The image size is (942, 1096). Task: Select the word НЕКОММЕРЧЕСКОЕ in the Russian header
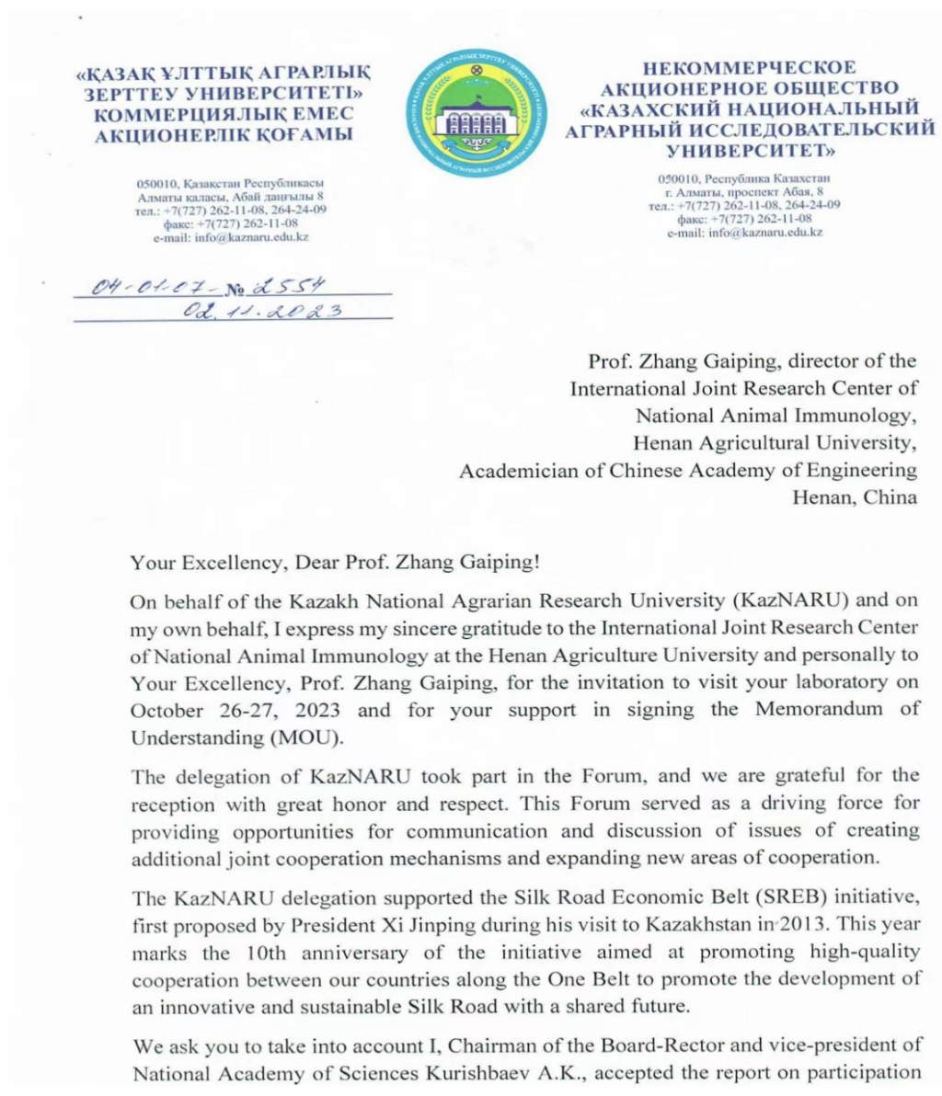[x=749, y=68]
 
